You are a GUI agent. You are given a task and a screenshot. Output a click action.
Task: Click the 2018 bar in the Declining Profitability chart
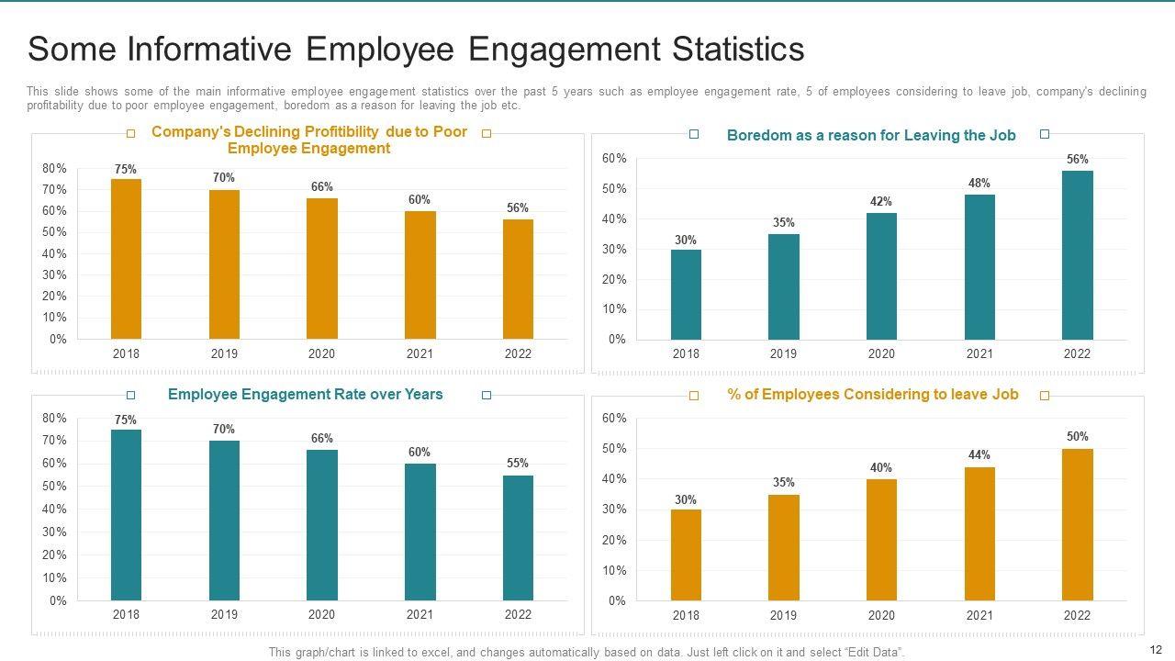pos(126,259)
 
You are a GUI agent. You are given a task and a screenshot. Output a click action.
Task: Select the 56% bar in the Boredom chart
pos(1078,255)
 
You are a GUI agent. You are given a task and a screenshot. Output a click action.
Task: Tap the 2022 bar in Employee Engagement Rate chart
pos(518,538)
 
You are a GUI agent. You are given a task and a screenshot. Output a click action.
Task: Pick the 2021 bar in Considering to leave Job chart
pos(979,533)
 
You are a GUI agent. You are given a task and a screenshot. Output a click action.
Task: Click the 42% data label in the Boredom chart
pos(881,202)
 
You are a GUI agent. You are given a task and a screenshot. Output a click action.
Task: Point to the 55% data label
pos(518,464)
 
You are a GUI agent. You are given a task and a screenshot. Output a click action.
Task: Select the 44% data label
pos(979,455)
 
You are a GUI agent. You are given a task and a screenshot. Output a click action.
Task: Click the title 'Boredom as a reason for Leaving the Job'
pos(871,136)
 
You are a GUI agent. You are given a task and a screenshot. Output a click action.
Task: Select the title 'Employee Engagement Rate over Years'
pos(305,395)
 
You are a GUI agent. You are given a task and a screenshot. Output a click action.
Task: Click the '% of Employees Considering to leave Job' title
pos(872,395)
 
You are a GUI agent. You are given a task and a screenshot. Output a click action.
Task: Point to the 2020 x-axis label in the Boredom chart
pos(881,354)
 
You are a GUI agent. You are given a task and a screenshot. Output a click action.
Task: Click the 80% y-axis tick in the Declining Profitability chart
pos(54,169)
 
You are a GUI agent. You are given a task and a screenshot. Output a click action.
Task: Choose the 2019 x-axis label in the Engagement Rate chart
pos(224,615)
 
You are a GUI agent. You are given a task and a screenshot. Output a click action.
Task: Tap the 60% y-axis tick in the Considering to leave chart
pos(615,419)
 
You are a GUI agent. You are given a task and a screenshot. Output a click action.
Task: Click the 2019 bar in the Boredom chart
pos(784,286)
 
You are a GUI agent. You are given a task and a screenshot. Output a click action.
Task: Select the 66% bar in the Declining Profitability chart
pos(321,268)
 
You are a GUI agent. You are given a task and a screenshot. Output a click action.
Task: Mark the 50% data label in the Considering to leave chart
pos(1078,437)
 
